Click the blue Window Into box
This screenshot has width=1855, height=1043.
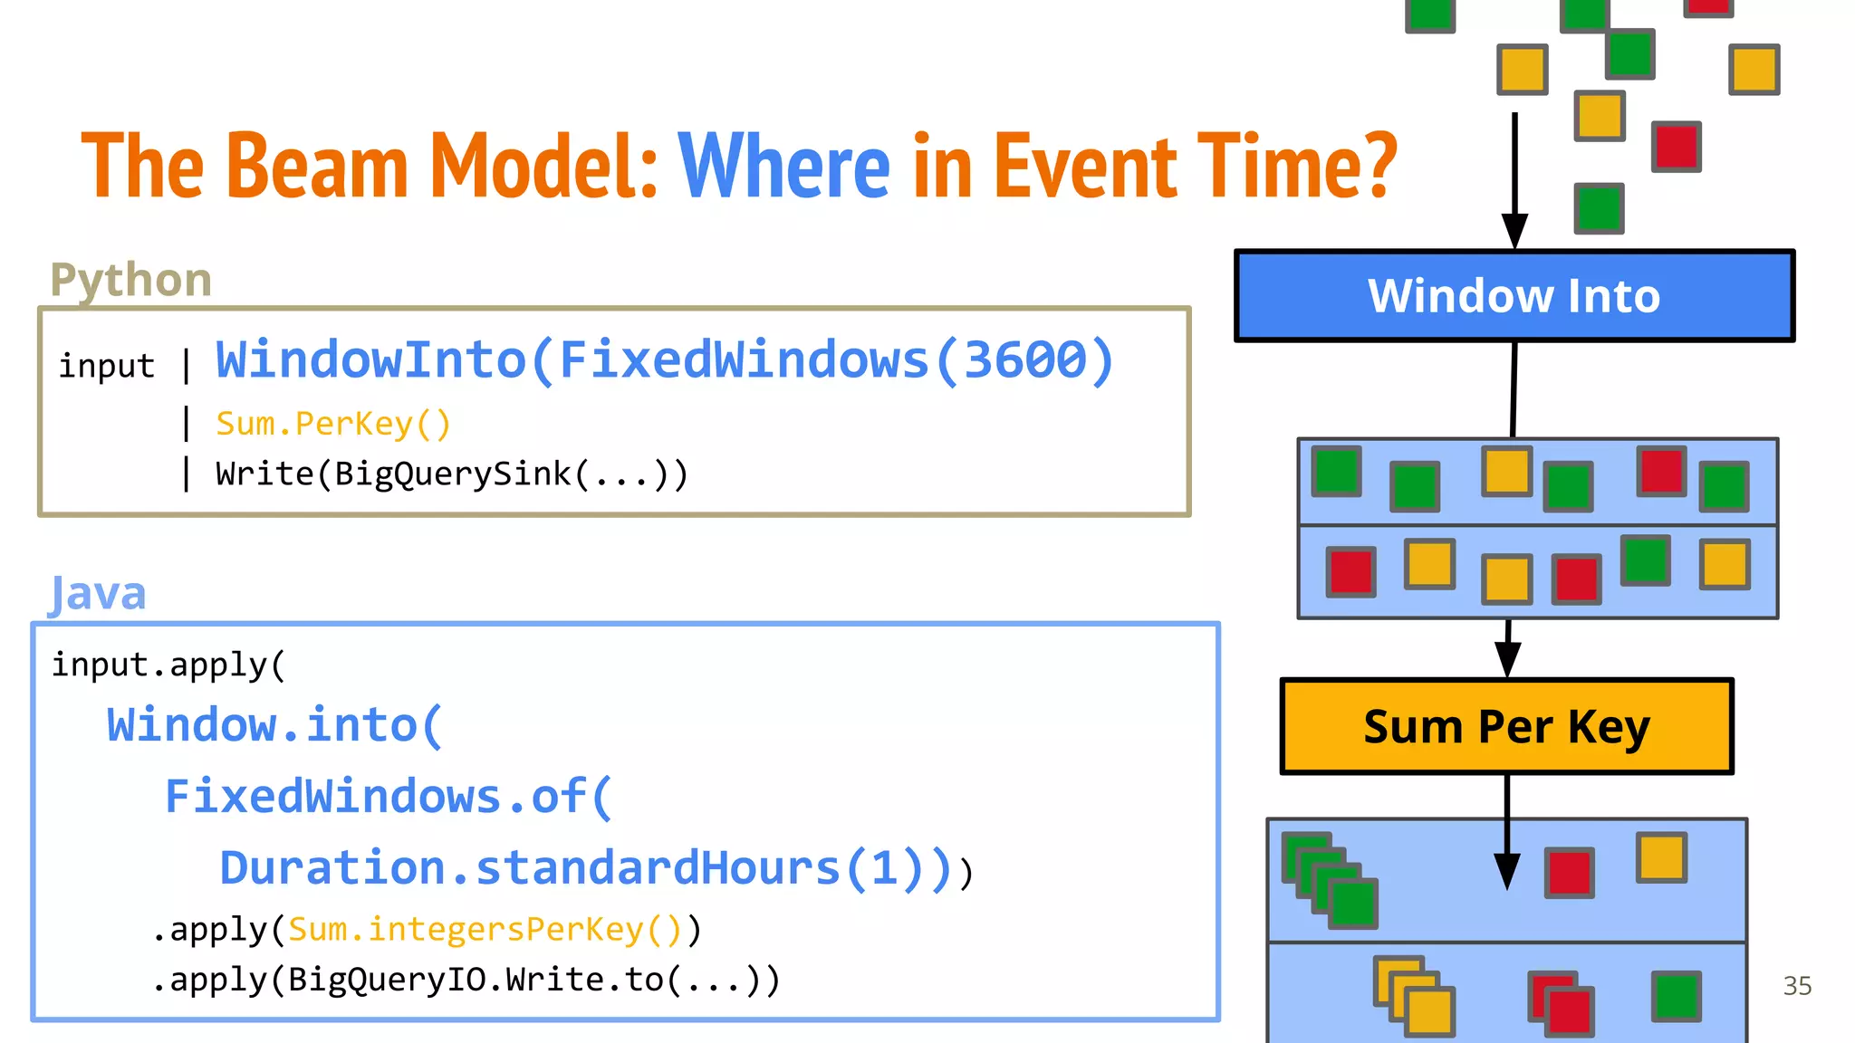click(x=1514, y=296)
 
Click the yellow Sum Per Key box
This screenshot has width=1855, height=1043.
click(x=1506, y=727)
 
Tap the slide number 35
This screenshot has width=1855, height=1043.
click(x=1797, y=986)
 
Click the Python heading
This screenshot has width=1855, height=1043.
click(x=131, y=279)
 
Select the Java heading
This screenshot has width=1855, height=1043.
click(x=97, y=594)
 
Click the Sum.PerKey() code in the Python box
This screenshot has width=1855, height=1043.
click(x=332, y=424)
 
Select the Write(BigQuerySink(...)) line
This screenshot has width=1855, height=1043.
click(x=451, y=474)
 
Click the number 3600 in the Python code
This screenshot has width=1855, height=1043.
click(x=1024, y=360)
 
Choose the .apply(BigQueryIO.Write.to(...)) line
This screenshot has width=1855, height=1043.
click(x=465, y=980)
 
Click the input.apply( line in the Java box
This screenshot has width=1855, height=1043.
click(x=168, y=665)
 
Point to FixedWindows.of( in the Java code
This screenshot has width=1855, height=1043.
click(x=389, y=797)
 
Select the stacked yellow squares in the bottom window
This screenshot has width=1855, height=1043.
click(x=1414, y=996)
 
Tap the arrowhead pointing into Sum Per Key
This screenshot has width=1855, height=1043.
click(x=1507, y=660)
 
